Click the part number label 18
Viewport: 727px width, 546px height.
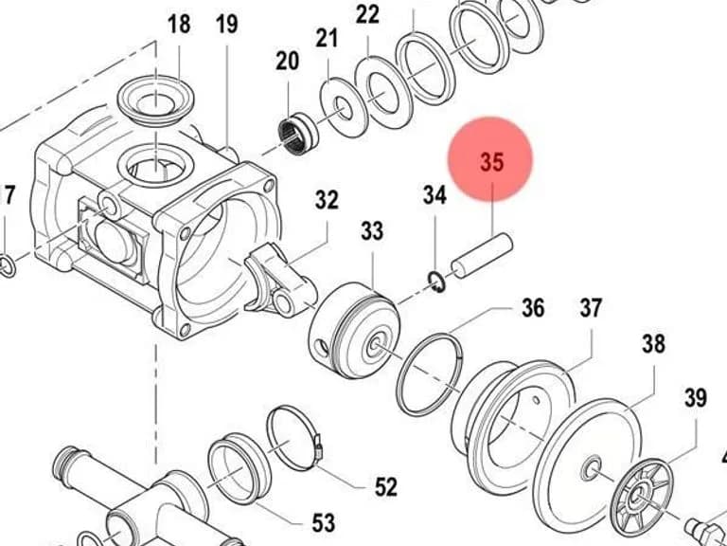coord(179,24)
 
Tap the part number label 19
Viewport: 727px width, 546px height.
coord(227,24)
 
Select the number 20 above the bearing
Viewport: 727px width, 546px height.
coord(287,61)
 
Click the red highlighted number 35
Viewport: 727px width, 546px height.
coord(491,162)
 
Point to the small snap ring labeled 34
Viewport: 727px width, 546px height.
coord(436,282)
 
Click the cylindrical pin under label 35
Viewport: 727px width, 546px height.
coord(482,256)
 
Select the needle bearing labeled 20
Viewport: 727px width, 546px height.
coord(298,135)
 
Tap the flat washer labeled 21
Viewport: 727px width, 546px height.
coord(344,108)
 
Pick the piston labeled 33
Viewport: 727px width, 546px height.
coord(355,330)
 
